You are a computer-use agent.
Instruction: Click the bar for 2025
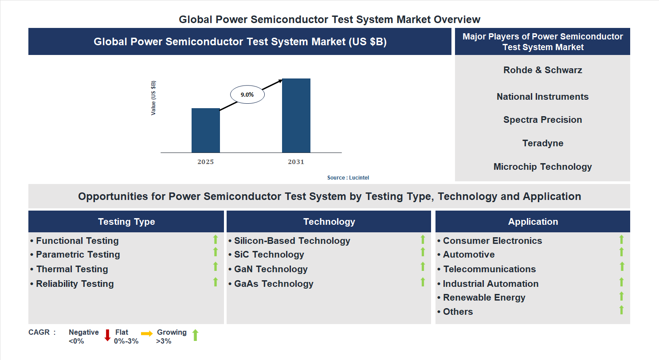(205, 130)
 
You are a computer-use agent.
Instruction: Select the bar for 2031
(296, 116)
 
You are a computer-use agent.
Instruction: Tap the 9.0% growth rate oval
(247, 94)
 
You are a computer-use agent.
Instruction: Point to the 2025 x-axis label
(205, 162)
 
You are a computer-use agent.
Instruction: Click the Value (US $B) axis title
(153, 98)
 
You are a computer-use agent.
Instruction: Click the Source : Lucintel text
(348, 177)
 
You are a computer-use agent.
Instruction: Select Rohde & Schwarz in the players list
(542, 70)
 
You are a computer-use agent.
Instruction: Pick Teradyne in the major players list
(542, 143)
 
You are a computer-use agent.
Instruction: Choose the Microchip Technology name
(542, 167)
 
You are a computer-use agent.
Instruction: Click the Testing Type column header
(126, 222)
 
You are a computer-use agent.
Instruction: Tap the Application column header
(533, 222)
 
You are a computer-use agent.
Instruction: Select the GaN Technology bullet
(271, 269)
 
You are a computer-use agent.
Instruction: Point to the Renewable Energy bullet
(484, 297)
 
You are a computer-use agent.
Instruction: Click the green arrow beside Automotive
(621, 252)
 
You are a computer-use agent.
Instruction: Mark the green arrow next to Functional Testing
(216, 239)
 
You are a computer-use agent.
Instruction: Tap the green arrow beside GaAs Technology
(423, 282)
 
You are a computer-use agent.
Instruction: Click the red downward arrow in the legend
(107, 335)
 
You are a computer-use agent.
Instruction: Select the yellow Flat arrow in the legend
(147, 333)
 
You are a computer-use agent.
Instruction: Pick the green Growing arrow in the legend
(195, 335)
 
